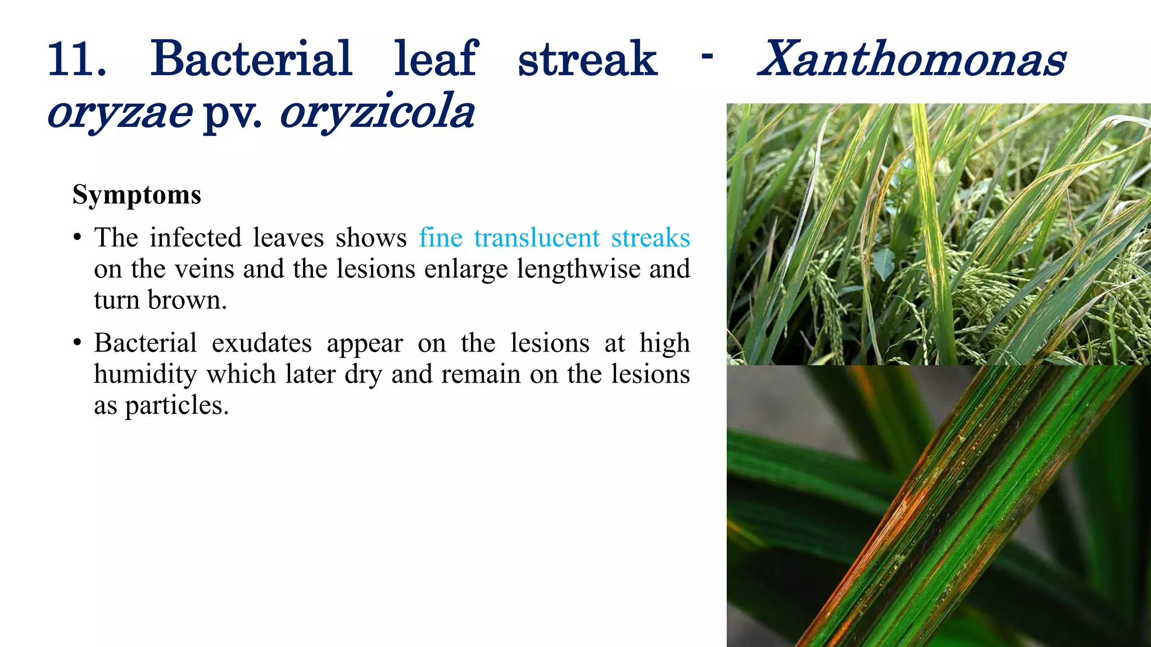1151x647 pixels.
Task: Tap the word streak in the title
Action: pyautogui.click(x=587, y=60)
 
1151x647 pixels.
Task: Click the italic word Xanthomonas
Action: pyautogui.click(x=912, y=60)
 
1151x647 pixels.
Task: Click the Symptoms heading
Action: pyautogui.click(x=137, y=195)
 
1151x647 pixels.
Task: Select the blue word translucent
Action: pyautogui.click(x=537, y=238)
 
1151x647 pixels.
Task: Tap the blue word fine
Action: pyautogui.click(x=440, y=238)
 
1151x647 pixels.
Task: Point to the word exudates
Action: pyautogui.click(x=261, y=344)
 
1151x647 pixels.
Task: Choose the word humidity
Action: pyautogui.click(x=145, y=375)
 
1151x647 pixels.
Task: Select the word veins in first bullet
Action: pyautogui.click(x=204, y=269)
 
